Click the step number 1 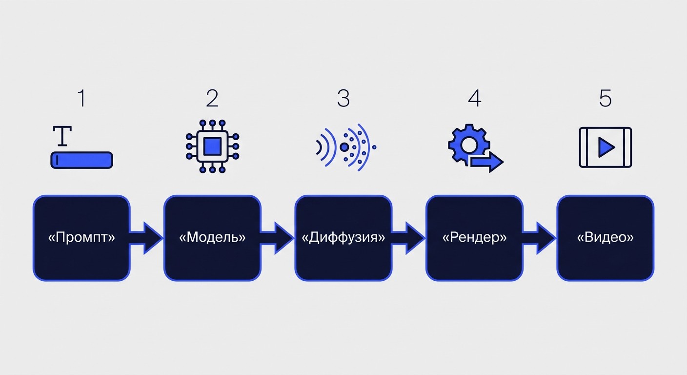tap(81, 98)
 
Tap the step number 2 tap(212, 98)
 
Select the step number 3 tap(343, 98)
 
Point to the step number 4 tap(474, 98)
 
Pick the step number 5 tap(606, 98)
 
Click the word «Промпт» tap(81, 237)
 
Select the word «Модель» tap(212, 237)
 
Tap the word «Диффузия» tap(343, 238)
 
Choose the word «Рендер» tap(474, 238)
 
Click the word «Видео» tap(606, 237)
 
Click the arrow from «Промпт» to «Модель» tap(146, 238)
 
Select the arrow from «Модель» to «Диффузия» tap(277, 238)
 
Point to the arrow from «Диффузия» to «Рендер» tap(408, 238)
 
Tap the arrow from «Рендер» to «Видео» tap(539, 238)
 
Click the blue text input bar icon tap(81, 160)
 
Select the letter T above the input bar tap(62, 136)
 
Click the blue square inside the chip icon tap(213, 146)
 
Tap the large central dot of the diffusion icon tap(344, 147)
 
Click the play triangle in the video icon tap(605, 147)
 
